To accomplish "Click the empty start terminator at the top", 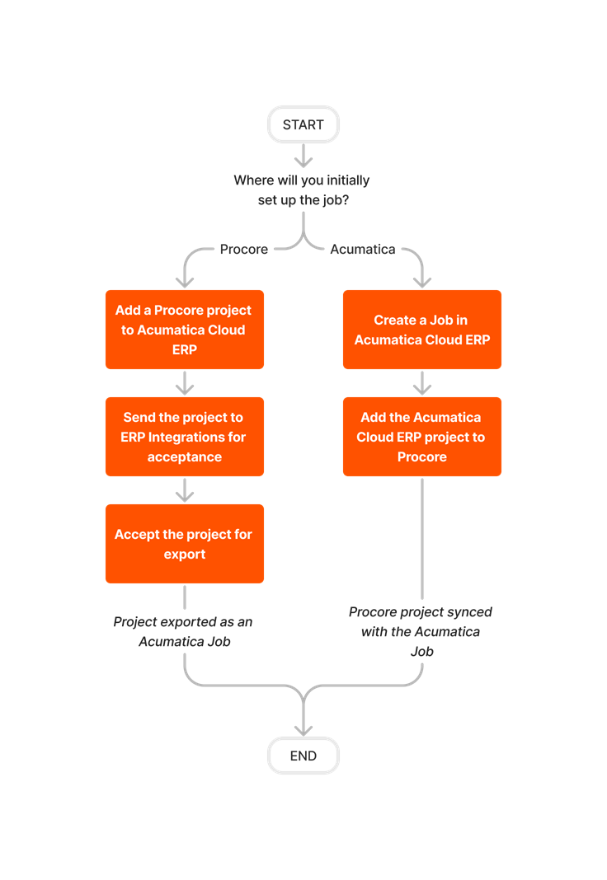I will pyautogui.click(x=303, y=124).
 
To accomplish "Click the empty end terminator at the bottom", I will pyautogui.click(x=303, y=756).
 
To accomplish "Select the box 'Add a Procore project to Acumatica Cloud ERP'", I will pyautogui.click(x=184, y=330).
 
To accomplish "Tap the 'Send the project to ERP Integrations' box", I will pyautogui.click(x=184, y=437).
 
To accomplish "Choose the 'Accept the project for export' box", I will pyautogui.click(x=184, y=544).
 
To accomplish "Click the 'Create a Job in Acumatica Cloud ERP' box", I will pyautogui.click(x=421, y=330).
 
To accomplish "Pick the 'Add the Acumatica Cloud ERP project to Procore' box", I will pyautogui.click(x=421, y=437).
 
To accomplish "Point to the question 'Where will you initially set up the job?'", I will pyautogui.click(x=302, y=190).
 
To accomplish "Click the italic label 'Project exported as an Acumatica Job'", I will pyautogui.click(x=183, y=631).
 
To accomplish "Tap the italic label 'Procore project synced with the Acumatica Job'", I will pyautogui.click(x=421, y=631).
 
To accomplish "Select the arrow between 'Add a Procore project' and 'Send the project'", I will pyautogui.click(x=185, y=383).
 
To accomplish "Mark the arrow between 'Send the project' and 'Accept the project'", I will pyautogui.click(x=185, y=490).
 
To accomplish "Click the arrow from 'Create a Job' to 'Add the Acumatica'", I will pyautogui.click(x=422, y=383).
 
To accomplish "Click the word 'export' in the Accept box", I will pyautogui.click(x=184, y=555).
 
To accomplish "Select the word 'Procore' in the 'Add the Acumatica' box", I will pyautogui.click(x=421, y=457).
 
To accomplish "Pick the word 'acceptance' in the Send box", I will pyautogui.click(x=184, y=457).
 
